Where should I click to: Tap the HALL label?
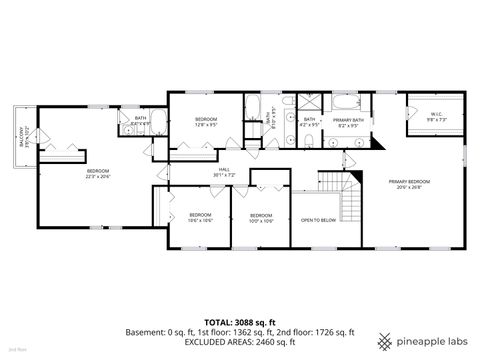pyautogui.click(x=225, y=172)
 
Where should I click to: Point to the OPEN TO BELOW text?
pyautogui.click(x=318, y=220)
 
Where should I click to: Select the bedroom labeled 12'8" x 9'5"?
pyautogui.click(x=207, y=122)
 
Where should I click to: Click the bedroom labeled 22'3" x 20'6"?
pyautogui.click(x=97, y=174)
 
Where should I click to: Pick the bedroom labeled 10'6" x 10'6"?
pyautogui.click(x=201, y=217)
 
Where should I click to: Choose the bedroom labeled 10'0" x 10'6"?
pyautogui.click(x=261, y=217)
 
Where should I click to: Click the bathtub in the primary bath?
pyautogui.click(x=349, y=103)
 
